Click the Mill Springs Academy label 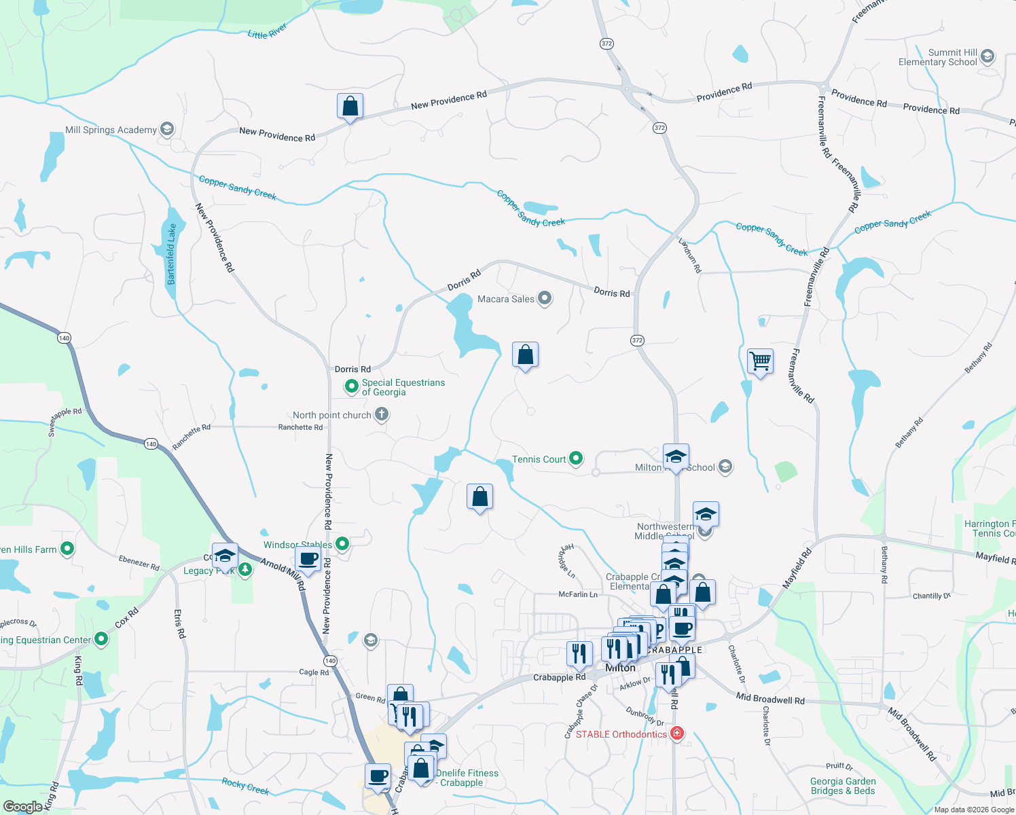(x=111, y=130)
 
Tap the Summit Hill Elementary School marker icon (x=987, y=56)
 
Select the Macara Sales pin (x=544, y=299)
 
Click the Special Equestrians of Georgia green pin (x=352, y=386)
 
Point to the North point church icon (x=382, y=414)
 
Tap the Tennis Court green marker (x=576, y=458)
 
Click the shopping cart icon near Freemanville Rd (x=760, y=361)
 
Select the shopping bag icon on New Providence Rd (x=350, y=106)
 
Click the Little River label (x=267, y=31)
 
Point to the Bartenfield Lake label (x=172, y=254)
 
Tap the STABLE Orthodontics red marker (x=676, y=733)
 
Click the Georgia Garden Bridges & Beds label (x=843, y=786)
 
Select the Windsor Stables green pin (x=342, y=543)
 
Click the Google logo (x=22, y=807)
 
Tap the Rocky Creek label (x=245, y=786)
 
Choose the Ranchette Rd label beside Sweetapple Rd (x=191, y=437)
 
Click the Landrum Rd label (x=690, y=255)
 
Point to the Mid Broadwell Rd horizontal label (x=770, y=699)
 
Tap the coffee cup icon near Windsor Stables (x=308, y=559)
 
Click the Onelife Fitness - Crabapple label (x=467, y=778)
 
